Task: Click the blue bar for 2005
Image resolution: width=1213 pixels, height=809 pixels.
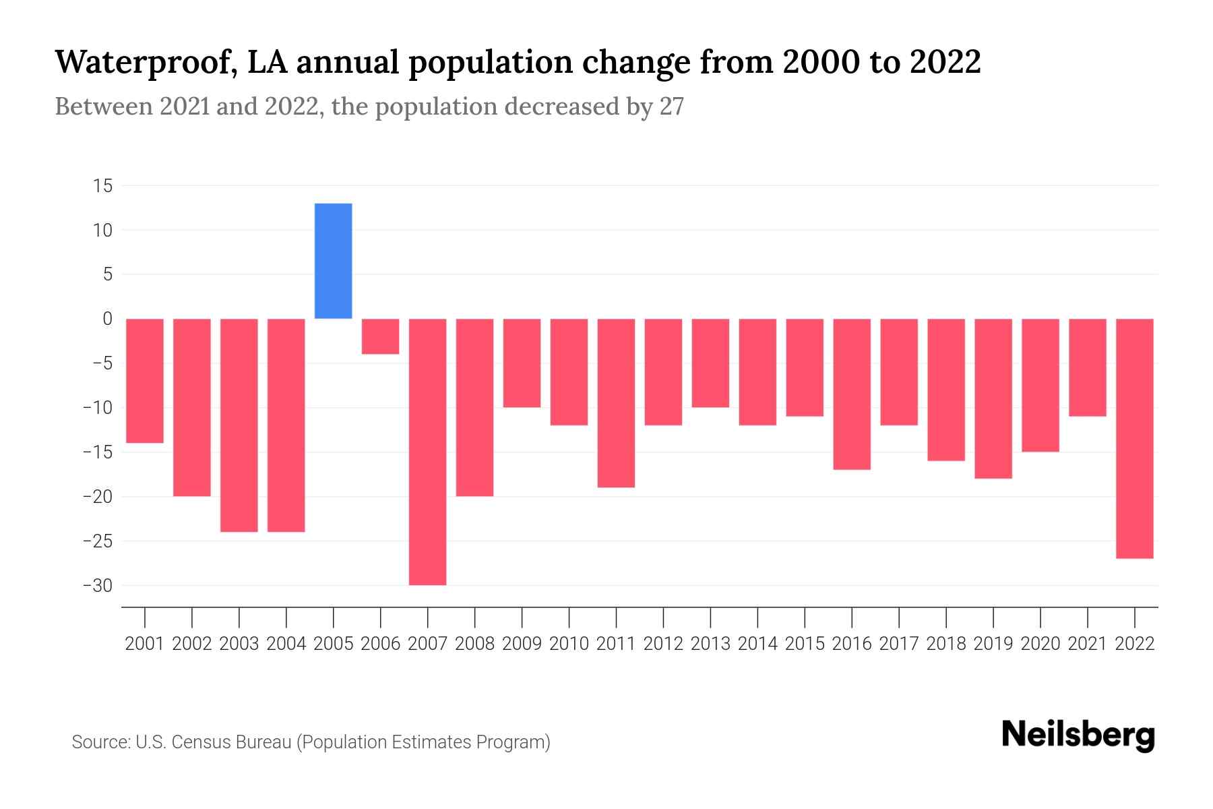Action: tap(333, 261)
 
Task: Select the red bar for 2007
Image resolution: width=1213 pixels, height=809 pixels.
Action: tap(427, 452)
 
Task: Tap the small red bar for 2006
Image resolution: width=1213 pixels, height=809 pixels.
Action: tap(380, 336)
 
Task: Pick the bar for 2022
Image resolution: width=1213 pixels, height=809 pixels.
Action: tap(1134, 438)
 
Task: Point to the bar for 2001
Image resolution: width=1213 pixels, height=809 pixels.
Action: tap(145, 381)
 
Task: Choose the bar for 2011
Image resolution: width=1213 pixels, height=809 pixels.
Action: tap(616, 402)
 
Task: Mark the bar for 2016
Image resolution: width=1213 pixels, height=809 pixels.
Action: tap(852, 394)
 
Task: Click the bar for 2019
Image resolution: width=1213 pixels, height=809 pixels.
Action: tap(993, 398)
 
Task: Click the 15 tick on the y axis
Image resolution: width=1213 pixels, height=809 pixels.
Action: tap(102, 186)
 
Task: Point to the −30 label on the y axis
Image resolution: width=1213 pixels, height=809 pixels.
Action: tap(97, 586)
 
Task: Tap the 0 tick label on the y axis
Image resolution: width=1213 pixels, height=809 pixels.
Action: tap(107, 319)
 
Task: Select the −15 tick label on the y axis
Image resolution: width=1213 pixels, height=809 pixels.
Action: tap(97, 452)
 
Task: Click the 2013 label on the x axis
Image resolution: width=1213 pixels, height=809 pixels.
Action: tap(710, 644)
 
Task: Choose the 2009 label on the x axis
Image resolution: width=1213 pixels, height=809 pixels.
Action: tap(522, 644)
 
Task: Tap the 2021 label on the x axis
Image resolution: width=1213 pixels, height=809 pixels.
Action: tap(1087, 644)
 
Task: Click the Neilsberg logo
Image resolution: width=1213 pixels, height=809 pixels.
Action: tap(1078, 735)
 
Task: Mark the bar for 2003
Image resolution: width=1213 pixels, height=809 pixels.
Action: tap(239, 425)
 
